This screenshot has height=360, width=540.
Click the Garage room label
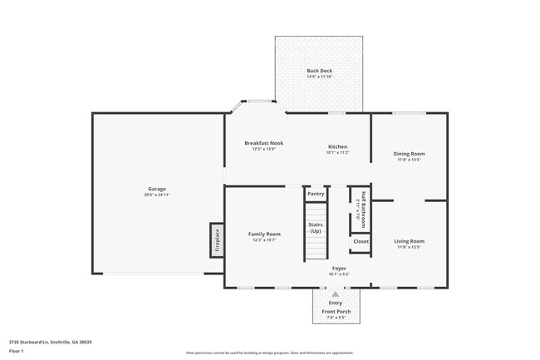pyautogui.click(x=157, y=189)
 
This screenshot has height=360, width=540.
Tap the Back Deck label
pyautogui.click(x=319, y=71)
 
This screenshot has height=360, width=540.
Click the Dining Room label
pyautogui.click(x=409, y=154)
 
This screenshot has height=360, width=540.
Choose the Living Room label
pyautogui.click(x=409, y=241)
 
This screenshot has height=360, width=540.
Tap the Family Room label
pyautogui.click(x=264, y=234)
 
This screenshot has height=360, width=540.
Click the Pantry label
pyautogui.click(x=316, y=194)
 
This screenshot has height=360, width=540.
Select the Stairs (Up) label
pyautogui.click(x=316, y=227)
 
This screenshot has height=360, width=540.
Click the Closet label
pyautogui.click(x=361, y=241)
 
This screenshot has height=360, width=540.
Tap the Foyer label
pyautogui.click(x=339, y=269)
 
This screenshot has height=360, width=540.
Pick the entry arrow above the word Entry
pyautogui.click(x=336, y=294)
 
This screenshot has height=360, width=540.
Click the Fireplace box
pyautogui.click(x=217, y=239)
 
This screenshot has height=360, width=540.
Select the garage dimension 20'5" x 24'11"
pyautogui.click(x=157, y=195)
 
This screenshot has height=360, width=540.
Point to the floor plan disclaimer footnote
pyautogui.click(x=269, y=353)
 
